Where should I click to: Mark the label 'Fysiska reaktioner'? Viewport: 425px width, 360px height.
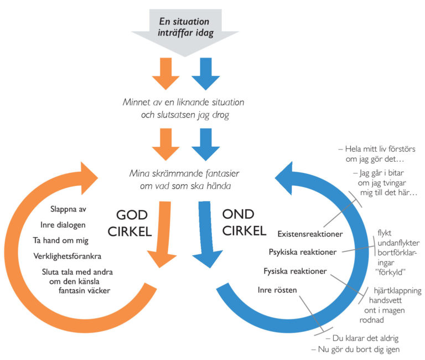coord(294,271)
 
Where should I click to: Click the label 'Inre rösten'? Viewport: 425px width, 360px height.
coord(277,290)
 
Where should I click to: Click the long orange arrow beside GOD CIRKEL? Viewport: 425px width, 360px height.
coord(163,233)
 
